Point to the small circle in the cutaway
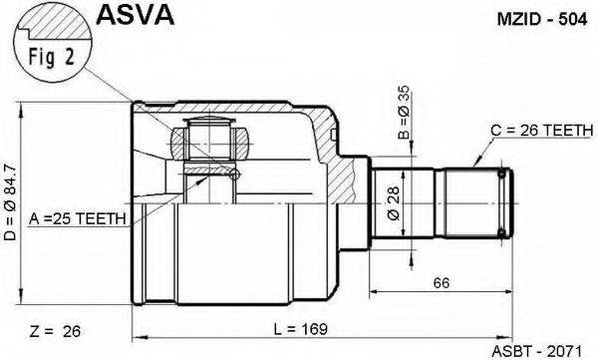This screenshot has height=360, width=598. pos(233,177)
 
